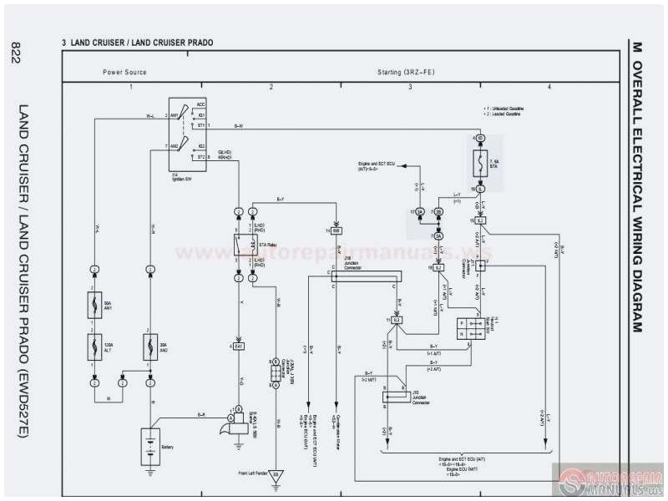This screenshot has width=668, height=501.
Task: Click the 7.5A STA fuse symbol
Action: pyautogui.click(x=480, y=164)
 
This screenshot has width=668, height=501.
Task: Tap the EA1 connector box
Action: pyautogui.click(x=238, y=345)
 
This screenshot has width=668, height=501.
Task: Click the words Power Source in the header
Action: pyautogui.click(x=125, y=73)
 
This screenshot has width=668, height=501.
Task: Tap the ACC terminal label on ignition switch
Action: pyautogui.click(x=201, y=104)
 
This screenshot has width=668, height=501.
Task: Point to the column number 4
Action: pyautogui.click(x=549, y=87)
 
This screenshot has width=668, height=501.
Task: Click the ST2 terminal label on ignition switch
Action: pyautogui.click(x=201, y=155)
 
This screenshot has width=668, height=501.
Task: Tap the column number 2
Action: pyautogui.click(x=271, y=87)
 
